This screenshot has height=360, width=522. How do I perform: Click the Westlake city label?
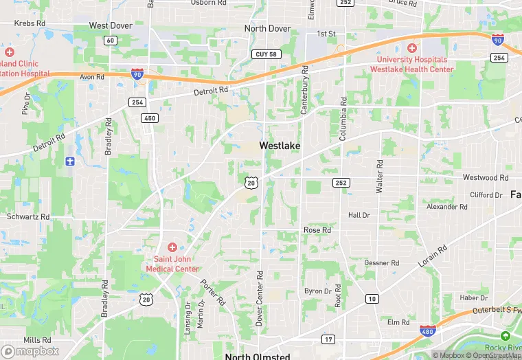pyautogui.click(x=280, y=146)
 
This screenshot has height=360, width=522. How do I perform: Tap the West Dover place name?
pyautogui.click(x=111, y=25)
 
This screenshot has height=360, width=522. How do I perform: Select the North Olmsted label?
pyautogui.click(x=258, y=356)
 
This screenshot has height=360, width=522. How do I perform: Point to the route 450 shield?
pyautogui.click(x=150, y=118)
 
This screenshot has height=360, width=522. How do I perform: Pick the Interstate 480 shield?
pyautogui.click(x=427, y=331)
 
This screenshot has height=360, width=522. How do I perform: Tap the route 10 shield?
pyautogui.click(x=372, y=298)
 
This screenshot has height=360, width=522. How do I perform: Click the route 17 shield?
pyautogui.click(x=328, y=339)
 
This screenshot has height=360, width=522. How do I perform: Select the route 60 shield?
pyautogui.click(x=111, y=41)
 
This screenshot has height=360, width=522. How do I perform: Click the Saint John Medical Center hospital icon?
pyautogui.click(x=172, y=247)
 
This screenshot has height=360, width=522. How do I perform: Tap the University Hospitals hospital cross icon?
pyautogui.click(x=411, y=48)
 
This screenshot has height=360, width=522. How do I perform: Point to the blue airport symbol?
pyautogui.click(x=69, y=161)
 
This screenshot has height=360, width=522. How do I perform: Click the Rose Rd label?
pyautogui.click(x=317, y=230)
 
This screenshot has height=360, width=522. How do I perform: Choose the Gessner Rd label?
pyautogui.click(x=381, y=262)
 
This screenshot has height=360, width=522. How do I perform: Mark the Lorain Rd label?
pyautogui.click(x=433, y=256)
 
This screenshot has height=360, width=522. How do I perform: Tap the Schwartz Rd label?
pyautogui.click(x=28, y=216)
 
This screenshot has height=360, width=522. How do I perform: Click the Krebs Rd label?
pyautogui.click(x=30, y=23)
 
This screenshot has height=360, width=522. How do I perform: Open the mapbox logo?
pyautogui.click(x=30, y=350)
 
